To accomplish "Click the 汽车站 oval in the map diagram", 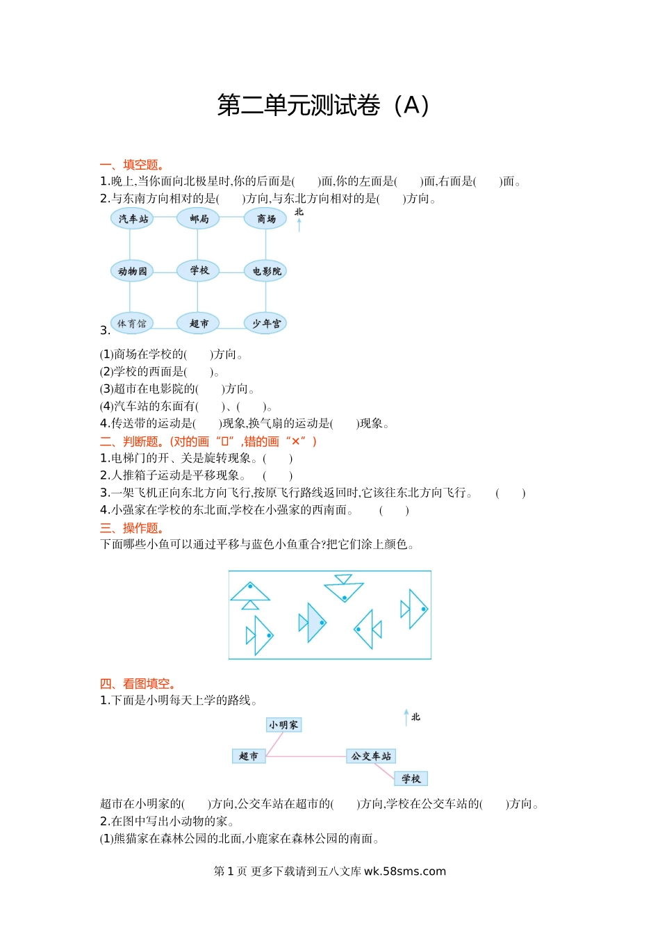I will click(132, 219).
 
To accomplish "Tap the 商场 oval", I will click(265, 219).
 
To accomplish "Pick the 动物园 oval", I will click(132, 271).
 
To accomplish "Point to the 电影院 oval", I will click(265, 271).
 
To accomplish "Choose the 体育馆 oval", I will click(132, 323).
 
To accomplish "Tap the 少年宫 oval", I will click(265, 323).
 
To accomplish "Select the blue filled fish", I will click(313, 622).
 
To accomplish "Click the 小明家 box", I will click(283, 725).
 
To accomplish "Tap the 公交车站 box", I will click(371, 756).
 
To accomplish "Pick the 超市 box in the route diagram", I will click(249, 756).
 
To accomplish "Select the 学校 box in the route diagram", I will click(411, 778).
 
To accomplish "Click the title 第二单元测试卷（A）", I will click(323, 105).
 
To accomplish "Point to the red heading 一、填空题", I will click(132, 165).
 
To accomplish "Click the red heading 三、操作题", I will click(132, 528).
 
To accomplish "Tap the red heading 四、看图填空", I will click(138, 684).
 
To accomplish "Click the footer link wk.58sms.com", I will click(405, 871).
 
